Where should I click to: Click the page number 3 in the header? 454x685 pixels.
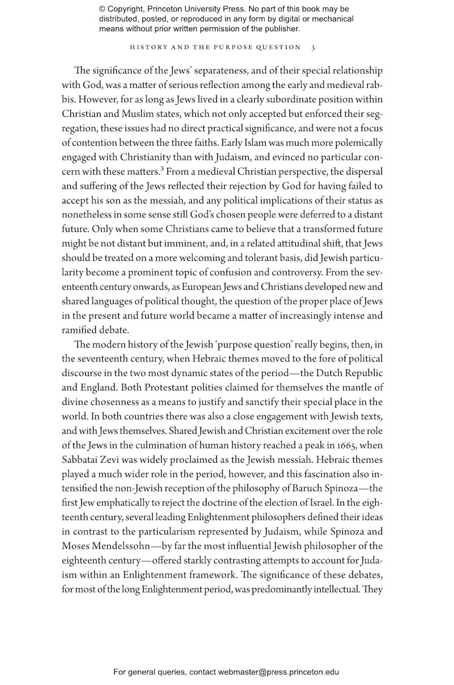[x=313, y=47]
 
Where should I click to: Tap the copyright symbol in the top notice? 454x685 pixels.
[x=103, y=9]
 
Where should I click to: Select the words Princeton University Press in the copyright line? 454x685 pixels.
[x=204, y=9]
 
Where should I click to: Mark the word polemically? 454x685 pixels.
[x=355, y=143]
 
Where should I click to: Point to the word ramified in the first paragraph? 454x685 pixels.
[x=89, y=330]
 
